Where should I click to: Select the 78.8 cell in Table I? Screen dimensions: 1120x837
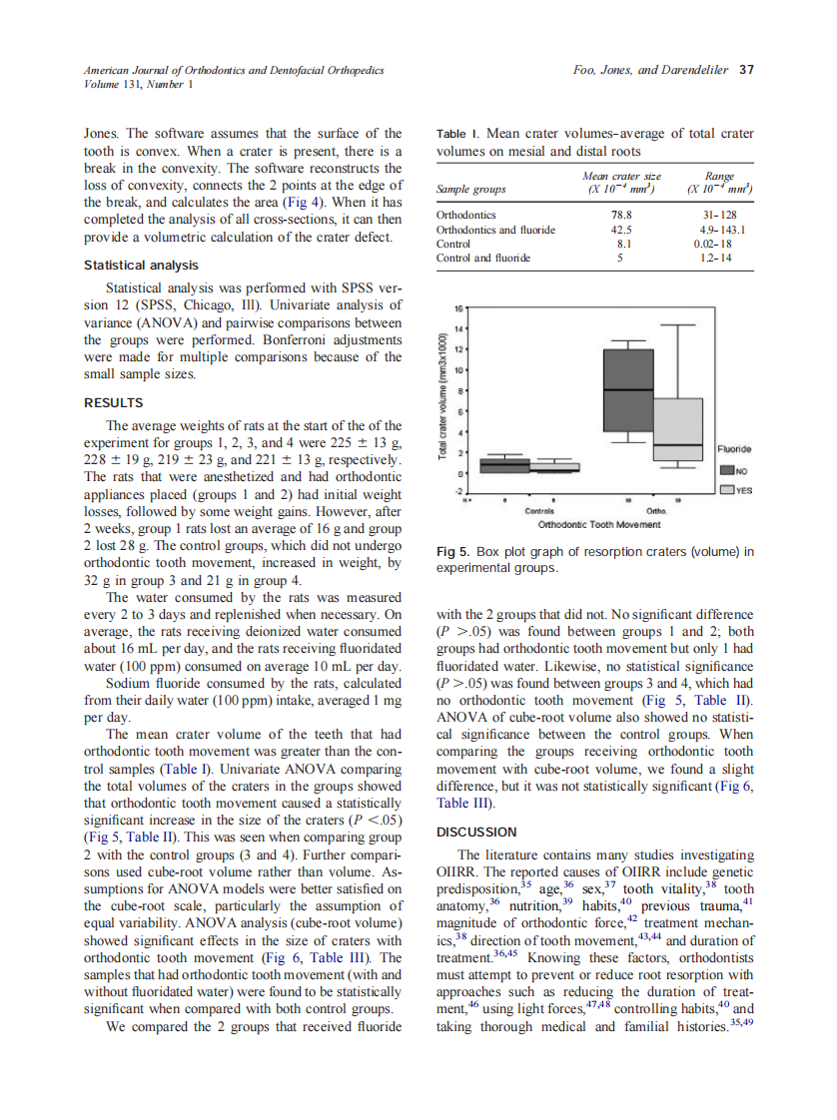[622, 214]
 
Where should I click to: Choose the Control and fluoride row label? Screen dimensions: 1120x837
[483, 258]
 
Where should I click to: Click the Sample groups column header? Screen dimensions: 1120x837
[471, 189]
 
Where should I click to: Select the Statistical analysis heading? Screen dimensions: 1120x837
[140, 266]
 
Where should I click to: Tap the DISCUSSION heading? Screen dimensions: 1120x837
[476, 832]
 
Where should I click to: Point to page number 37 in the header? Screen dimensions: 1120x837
[745, 70]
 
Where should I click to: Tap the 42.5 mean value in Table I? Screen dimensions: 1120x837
[622, 229]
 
